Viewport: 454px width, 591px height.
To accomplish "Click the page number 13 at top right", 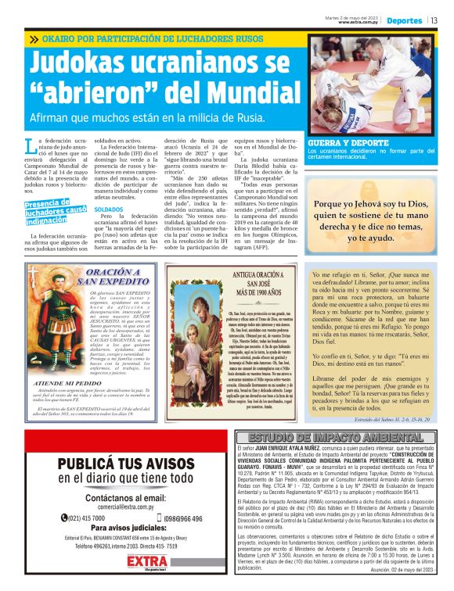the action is click(x=434, y=20).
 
